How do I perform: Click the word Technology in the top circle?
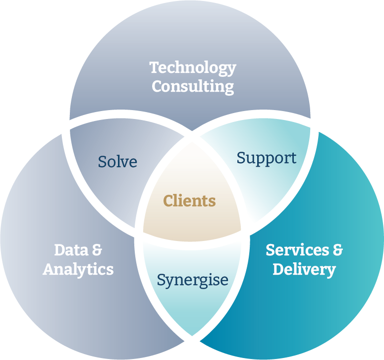192,68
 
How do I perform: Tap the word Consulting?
192,86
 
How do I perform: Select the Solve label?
117,162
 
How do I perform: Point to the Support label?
266,158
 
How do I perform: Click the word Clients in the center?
189,201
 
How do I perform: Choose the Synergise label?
192,280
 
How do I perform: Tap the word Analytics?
78,269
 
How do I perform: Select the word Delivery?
304,270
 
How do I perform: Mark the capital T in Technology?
154,67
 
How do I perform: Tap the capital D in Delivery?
278,270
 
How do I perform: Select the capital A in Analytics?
49,269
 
